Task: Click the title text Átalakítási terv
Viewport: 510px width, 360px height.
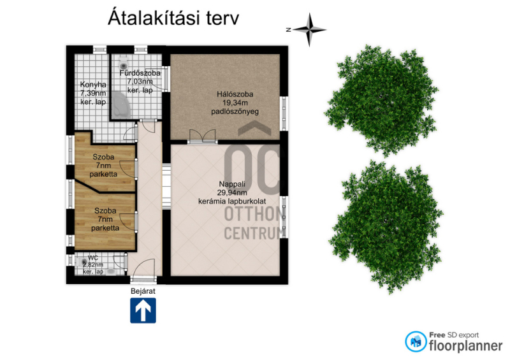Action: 173,18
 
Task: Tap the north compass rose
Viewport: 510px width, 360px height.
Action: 309,29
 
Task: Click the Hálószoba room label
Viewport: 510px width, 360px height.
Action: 235,94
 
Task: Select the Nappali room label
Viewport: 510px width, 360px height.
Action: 232,184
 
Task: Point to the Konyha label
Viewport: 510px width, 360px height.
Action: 93,85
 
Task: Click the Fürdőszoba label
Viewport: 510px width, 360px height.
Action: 140,73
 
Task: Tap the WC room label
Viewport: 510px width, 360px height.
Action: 93,258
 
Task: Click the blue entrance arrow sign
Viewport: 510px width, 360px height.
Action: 143,310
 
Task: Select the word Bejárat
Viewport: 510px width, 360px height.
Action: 143,291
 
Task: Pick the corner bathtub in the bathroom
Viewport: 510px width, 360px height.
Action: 121,104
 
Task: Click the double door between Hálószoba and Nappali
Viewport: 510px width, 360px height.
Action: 202,136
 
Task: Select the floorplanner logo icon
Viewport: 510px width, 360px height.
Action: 416,342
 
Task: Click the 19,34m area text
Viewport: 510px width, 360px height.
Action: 235,103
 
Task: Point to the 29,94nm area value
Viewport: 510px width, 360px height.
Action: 232,192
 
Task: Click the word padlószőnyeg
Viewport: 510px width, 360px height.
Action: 235,112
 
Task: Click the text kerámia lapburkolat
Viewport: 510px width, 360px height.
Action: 232,201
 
